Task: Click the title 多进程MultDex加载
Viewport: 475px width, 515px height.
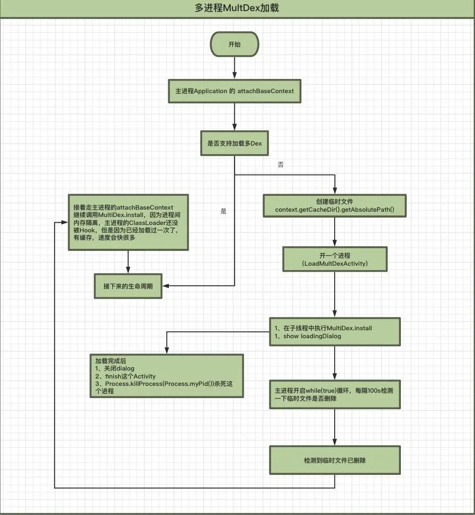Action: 237,8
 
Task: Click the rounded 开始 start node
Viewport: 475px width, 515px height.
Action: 234,44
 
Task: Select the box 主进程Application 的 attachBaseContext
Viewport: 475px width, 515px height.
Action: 234,91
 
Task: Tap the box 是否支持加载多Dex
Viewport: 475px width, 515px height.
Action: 234,143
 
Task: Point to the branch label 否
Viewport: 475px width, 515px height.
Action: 281,165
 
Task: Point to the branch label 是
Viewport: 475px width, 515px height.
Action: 223,211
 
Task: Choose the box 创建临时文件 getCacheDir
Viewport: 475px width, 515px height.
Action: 334,205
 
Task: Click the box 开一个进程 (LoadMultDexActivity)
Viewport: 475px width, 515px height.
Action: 334,259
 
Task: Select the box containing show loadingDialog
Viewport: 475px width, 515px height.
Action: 334,332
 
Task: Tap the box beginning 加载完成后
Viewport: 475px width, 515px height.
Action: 167,375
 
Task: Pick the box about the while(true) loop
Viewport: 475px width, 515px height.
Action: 334,394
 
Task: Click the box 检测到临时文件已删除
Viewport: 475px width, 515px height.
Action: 334,460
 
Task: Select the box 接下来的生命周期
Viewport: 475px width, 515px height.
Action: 128,286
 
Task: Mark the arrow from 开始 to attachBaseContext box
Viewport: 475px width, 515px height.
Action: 234,68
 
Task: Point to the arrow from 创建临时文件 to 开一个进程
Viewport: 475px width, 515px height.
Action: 334,231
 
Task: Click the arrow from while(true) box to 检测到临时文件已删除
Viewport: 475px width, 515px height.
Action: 334,428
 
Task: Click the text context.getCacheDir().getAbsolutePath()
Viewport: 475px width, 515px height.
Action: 334,210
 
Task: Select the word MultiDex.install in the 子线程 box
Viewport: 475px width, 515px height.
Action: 349,328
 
